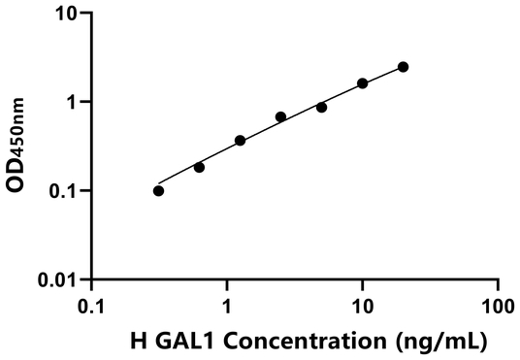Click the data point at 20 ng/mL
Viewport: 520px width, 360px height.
(404, 67)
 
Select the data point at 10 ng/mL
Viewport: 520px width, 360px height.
(363, 83)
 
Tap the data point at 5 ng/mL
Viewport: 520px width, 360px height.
(322, 107)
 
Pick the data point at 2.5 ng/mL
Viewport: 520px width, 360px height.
(281, 117)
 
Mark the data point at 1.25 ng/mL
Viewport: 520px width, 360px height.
(241, 141)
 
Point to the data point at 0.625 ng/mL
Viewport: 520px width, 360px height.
(200, 167)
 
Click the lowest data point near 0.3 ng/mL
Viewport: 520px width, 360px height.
(159, 190)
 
